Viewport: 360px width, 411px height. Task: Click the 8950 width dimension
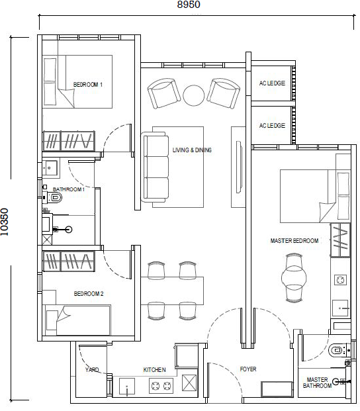tap(189, 5)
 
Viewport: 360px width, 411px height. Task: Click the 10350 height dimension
tap(5, 222)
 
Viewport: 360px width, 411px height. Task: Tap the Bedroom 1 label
tap(88, 85)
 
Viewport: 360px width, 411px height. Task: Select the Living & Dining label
tap(192, 150)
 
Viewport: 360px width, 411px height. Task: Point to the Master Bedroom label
tap(294, 241)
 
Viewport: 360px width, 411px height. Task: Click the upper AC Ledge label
tap(272, 83)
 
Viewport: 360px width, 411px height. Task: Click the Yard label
tap(92, 369)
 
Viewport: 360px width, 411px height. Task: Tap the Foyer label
tap(248, 369)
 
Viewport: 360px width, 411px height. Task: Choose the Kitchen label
tap(154, 369)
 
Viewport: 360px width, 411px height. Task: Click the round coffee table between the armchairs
tap(194, 95)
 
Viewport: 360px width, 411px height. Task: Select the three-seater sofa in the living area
tap(155, 167)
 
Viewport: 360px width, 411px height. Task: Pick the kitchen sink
tap(127, 387)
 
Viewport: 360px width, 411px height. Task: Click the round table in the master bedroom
tap(294, 278)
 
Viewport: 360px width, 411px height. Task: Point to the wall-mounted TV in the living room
tap(238, 167)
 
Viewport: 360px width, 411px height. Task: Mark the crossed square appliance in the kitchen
tap(189, 383)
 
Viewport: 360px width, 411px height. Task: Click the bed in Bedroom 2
tap(77, 320)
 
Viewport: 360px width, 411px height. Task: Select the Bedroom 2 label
tap(89, 294)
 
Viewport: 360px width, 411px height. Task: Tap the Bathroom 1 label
tap(69, 189)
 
